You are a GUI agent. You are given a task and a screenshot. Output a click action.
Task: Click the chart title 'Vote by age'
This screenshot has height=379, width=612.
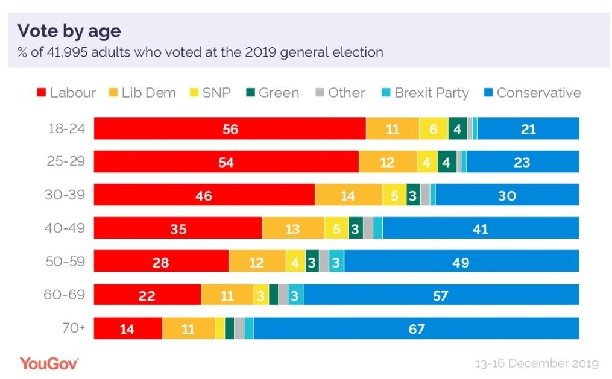69,31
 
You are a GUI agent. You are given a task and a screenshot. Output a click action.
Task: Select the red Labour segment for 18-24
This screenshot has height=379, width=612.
230,129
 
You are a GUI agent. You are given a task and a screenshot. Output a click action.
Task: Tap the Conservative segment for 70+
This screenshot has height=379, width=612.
416,329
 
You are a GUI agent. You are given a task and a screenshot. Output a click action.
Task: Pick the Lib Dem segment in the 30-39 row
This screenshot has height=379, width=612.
348,195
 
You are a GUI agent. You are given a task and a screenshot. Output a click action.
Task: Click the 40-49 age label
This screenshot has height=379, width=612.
66,228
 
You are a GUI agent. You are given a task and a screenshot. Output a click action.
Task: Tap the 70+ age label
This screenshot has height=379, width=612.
72,329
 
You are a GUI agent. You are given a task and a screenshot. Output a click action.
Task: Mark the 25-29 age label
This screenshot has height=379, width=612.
66,161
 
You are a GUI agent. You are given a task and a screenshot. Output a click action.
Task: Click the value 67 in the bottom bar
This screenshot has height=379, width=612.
416,330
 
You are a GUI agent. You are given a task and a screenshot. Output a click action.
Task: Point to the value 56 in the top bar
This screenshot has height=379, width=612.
230,130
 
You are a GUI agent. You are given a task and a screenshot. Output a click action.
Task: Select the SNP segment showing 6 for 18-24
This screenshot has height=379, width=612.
434,129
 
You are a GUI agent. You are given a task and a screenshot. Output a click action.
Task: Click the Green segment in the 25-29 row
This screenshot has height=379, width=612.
447,162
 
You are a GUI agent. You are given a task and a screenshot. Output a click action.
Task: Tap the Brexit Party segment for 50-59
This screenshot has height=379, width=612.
336,262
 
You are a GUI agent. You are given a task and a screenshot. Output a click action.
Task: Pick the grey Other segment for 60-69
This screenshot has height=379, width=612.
283,295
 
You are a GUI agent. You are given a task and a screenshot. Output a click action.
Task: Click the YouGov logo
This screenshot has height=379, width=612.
49,363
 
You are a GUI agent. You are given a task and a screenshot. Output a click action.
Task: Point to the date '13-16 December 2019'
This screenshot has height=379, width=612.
537,363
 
